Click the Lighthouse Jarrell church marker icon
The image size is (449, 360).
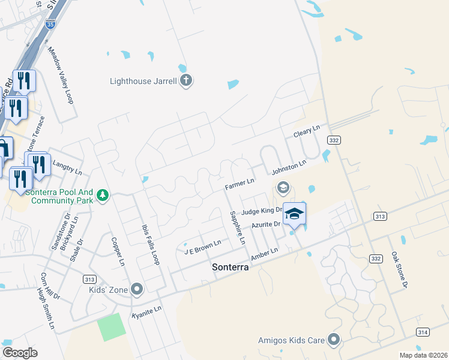pos(186,81)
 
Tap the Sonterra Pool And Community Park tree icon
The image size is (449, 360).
pos(103,195)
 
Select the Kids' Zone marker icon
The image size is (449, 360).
pos(137,290)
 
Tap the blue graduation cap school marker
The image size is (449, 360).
pos(294,214)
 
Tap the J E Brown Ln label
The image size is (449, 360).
pos(203,247)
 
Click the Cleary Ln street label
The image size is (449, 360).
pos(307,131)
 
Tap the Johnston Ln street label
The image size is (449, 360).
pos(289,167)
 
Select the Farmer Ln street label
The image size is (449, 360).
pos(240,184)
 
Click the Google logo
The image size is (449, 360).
pos(20,353)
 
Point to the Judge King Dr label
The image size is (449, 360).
pos(261,211)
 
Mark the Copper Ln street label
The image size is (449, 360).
pos(118,251)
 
